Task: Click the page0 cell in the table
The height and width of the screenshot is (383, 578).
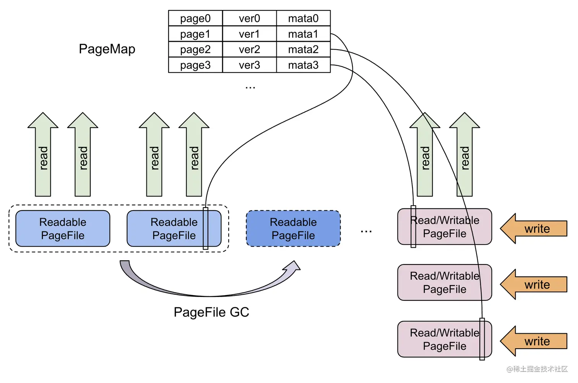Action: coord(195,18)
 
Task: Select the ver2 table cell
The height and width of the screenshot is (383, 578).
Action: coord(249,49)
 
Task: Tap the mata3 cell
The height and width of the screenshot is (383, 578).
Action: coord(303,65)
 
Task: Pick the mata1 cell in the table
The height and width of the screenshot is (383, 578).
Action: coord(303,34)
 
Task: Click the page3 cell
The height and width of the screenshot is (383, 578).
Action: coord(195,65)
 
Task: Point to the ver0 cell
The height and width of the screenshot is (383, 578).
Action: coord(249,18)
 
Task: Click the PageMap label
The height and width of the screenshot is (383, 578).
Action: coord(107,49)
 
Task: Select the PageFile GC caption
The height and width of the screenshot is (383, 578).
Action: coord(211,312)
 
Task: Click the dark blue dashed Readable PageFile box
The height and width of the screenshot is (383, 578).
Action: coord(293,229)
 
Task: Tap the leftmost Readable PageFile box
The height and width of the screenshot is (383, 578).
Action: coord(63,229)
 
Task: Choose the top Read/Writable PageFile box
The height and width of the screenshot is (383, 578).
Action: coord(444,227)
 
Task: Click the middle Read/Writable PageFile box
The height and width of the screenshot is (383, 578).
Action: coord(444,282)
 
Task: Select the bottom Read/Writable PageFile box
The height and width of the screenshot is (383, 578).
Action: coord(444,339)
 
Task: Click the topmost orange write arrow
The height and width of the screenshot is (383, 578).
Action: coord(535,229)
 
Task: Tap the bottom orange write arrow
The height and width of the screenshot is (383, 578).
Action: coord(535,341)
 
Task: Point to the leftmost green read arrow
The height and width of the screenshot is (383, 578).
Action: coord(43,157)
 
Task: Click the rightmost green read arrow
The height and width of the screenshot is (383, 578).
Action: coord(464,157)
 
